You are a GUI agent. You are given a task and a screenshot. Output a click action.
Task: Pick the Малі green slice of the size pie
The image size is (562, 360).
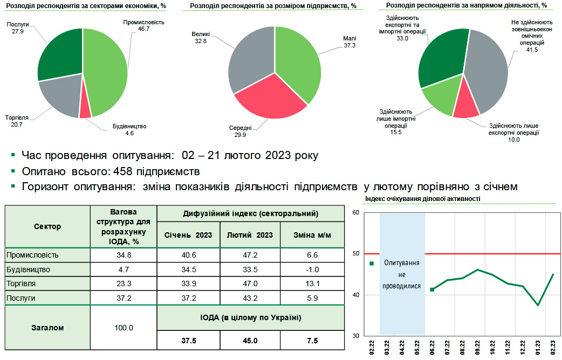tap(299, 62)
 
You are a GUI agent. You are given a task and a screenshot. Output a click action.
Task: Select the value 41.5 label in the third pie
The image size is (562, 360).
tap(532, 50)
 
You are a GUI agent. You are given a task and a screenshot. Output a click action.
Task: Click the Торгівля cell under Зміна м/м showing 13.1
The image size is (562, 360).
tap(312, 283)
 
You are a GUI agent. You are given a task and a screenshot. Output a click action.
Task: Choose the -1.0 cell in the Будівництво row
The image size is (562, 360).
tap(312, 269)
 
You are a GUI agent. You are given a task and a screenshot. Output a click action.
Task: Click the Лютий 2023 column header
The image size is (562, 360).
tap(250, 235)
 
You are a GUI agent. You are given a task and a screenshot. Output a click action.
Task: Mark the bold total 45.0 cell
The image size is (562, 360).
tap(250, 341)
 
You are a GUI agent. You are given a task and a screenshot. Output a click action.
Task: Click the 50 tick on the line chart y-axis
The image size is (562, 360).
tap(355, 253)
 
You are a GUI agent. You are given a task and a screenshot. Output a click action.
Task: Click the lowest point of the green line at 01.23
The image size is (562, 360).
tap(538, 305)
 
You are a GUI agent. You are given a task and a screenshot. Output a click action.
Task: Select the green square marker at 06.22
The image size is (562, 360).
tap(432, 289)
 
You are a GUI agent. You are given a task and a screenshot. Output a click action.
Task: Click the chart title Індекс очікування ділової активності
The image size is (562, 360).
tap(422, 199)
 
